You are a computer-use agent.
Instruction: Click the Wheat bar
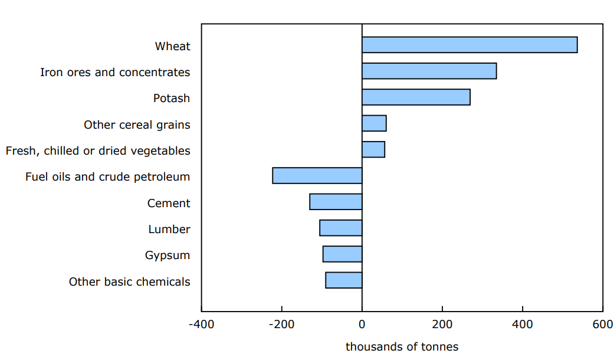click(x=469, y=45)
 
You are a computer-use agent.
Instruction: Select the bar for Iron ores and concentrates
click(x=429, y=71)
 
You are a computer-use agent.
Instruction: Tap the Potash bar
click(x=416, y=97)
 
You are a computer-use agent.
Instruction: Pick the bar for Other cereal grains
click(x=374, y=123)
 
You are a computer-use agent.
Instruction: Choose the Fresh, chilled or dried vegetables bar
click(x=373, y=149)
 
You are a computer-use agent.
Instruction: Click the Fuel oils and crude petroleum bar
click(x=317, y=176)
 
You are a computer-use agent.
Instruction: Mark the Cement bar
click(x=336, y=202)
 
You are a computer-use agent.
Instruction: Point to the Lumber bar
click(x=341, y=228)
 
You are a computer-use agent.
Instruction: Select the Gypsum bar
click(x=342, y=254)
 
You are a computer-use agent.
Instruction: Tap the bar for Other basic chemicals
click(x=344, y=280)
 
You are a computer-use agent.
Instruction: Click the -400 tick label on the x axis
click(x=201, y=324)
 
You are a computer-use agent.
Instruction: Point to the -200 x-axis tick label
click(x=281, y=324)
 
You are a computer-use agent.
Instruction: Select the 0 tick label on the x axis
click(x=362, y=324)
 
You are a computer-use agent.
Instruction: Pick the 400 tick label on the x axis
click(x=523, y=324)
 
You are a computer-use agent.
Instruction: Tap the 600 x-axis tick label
click(x=602, y=324)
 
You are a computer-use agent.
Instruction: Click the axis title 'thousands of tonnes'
click(x=402, y=347)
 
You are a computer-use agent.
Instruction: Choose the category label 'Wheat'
click(x=173, y=46)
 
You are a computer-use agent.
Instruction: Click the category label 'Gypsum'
click(x=168, y=256)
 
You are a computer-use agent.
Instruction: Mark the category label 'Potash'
click(x=172, y=99)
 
